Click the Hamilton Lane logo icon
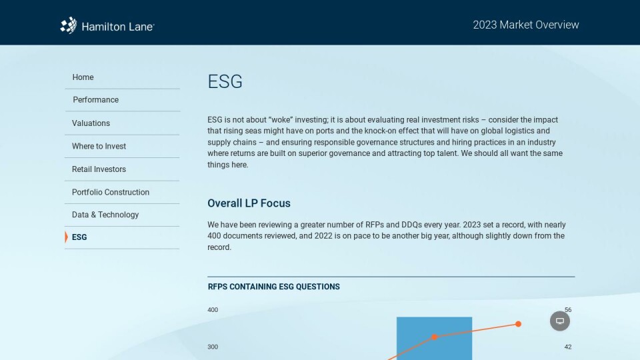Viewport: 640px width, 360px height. click(69, 25)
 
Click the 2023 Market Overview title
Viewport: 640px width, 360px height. click(526, 25)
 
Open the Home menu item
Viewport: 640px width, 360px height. click(83, 77)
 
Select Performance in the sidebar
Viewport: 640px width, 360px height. click(95, 99)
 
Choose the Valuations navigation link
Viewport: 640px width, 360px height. click(91, 123)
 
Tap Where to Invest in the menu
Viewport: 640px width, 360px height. click(99, 146)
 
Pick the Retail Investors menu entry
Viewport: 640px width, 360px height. click(99, 169)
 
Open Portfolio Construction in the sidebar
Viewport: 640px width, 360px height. click(111, 192)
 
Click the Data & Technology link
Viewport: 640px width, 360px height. click(105, 215)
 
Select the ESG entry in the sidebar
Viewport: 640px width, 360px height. click(79, 237)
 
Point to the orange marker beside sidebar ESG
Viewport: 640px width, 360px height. click(66, 237)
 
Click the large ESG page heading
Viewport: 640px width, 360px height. click(225, 81)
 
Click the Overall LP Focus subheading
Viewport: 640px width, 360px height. click(249, 203)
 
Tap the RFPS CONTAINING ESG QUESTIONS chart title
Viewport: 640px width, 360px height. click(273, 287)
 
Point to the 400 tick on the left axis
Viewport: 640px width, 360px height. click(213, 310)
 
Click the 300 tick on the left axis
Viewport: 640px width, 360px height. click(213, 347)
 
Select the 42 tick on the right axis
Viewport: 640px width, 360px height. click(568, 347)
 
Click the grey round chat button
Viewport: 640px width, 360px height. click(560, 321)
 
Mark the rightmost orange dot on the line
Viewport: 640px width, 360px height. click(519, 324)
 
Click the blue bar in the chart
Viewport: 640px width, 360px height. click(434, 339)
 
